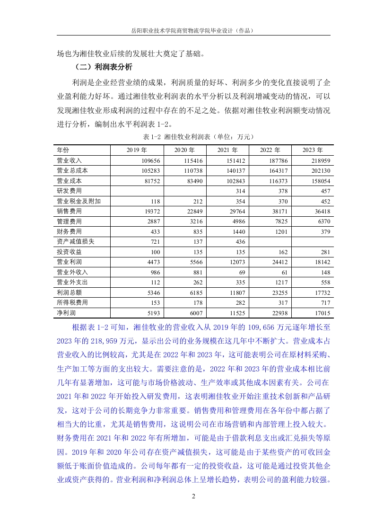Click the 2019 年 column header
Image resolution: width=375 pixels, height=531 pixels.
(137, 150)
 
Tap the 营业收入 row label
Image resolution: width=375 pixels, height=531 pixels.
(69, 160)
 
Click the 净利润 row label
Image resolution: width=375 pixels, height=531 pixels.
(66, 313)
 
